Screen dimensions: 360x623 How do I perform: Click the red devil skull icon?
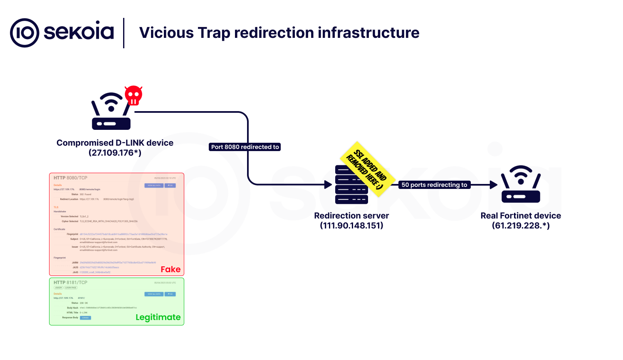133,96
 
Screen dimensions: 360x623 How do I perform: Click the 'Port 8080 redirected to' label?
245,147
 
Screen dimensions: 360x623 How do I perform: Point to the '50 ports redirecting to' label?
434,185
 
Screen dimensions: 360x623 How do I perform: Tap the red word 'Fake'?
171,269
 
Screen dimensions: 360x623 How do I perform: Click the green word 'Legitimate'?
158,317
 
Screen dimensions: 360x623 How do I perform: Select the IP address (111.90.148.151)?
351,226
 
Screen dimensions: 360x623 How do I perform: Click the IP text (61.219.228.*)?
521,226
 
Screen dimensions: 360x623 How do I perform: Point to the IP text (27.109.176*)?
115,153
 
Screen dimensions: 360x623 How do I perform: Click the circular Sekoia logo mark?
25,33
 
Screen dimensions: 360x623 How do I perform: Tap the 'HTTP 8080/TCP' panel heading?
70,178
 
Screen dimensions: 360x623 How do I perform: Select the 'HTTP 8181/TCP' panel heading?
70,283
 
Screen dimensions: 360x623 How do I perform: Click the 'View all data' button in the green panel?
154,294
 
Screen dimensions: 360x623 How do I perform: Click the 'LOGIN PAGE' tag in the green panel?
71,288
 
